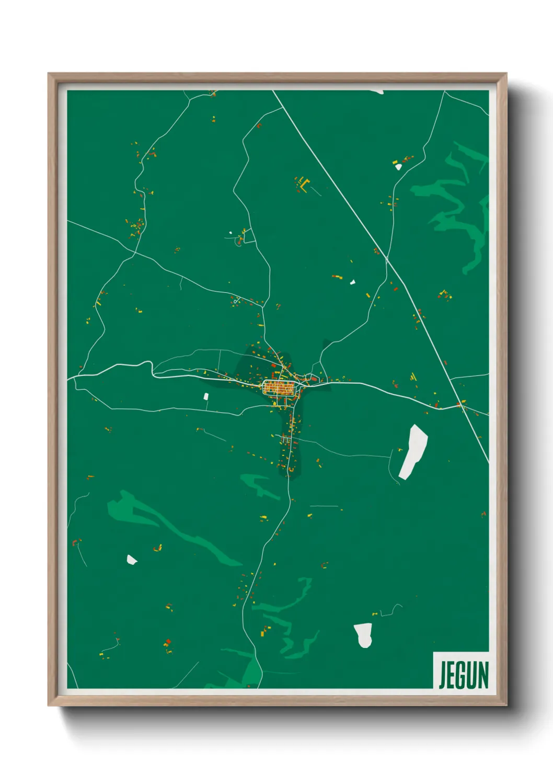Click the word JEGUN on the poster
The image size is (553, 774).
[464, 675]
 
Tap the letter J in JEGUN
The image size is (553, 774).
[443, 675]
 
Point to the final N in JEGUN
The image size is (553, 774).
[483, 675]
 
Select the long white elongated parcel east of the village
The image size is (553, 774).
[413, 451]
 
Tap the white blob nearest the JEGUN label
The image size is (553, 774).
[363, 634]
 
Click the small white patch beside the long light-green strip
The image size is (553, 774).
[131, 560]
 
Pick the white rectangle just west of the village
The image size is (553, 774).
[205, 396]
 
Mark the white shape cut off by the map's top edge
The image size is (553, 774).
[376, 92]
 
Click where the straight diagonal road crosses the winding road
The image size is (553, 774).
[386, 259]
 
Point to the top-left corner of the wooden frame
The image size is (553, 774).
[49, 74]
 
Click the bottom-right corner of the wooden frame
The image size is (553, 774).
[506, 705]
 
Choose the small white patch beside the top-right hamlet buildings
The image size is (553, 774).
[398, 167]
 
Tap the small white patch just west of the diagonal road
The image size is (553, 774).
[352, 282]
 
